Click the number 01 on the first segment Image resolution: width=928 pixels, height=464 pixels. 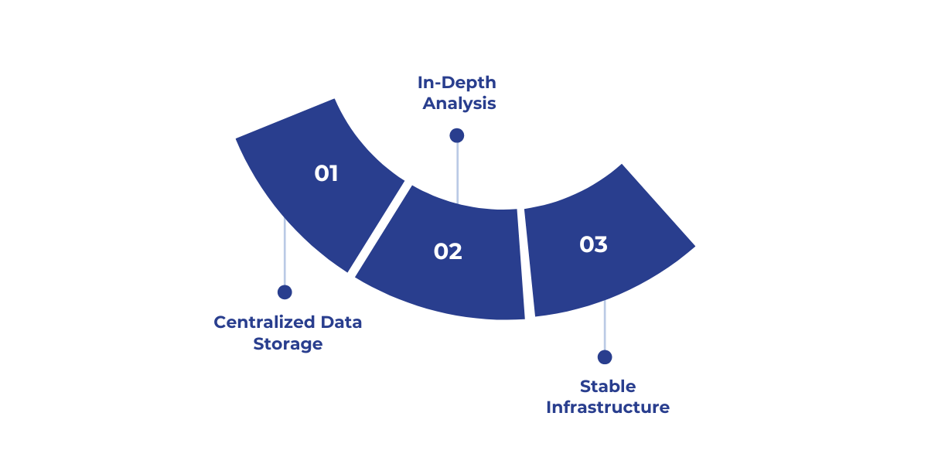pyautogui.click(x=326, y=173)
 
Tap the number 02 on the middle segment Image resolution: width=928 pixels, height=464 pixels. pyautogui.click(x=448, y=251)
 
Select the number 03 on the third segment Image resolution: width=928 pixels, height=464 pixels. pyautogui.click(x=594, y=244)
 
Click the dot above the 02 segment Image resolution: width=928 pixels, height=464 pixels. pyautogui.click(x=457, y=135)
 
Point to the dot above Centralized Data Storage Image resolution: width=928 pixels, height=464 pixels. pyautogui.click(x=285, y=292)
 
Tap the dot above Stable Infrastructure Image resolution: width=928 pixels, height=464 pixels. pyautogui.click(x=605, y=357)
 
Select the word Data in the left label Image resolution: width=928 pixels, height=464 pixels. pyautogui.click(x=341, y=322)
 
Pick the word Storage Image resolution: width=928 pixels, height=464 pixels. pyautogui.click(x=288, y=344)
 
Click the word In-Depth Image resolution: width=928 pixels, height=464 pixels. pyautogui.click(x=457, y=82)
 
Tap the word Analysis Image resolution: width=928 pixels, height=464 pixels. pyautogui.click(x=459, y=104)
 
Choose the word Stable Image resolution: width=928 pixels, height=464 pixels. pyautogui.click(x=608, y=386)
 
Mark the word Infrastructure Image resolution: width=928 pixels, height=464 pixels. pyautogui.click(x=608, y=408)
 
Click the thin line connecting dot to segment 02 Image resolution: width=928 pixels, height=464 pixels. pyautogui.click(x=457, y=174)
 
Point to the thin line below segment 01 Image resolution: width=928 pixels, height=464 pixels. pyautogui.click(x=285, y=255)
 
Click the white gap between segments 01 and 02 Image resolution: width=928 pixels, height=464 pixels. pyautogui.click(x=379, y=229)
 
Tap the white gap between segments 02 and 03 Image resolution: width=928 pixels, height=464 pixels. pyautogui.click(x=521, y=263)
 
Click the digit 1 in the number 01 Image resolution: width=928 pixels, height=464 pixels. pyautogui.click(x=333, y=173)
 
